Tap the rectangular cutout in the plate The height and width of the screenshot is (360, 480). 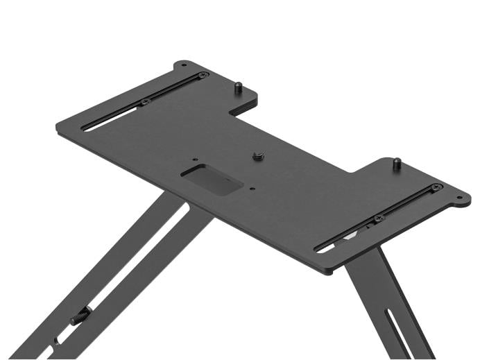[212, 180]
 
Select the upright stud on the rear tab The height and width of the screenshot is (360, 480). [237, 88]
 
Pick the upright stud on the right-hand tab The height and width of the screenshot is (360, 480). [397, 164]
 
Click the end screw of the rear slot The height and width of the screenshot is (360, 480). [203, 75]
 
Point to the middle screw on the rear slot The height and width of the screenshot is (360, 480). [146, 101]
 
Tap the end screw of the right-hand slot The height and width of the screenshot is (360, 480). [435, 187]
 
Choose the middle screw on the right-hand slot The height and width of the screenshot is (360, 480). [379, 218]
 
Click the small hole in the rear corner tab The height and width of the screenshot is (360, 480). [183, 66]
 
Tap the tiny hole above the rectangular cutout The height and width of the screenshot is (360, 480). [195, 159]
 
